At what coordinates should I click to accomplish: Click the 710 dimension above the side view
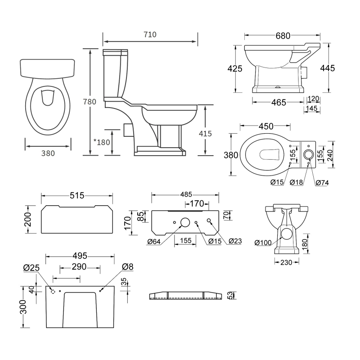150,35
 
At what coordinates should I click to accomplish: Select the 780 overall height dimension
90,102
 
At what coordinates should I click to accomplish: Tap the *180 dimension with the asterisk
101,142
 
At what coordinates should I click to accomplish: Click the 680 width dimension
283,36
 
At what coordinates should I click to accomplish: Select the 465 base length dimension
279,103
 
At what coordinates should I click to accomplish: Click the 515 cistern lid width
77,196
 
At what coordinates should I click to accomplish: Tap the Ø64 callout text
154,242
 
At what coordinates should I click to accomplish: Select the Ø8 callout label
127,267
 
